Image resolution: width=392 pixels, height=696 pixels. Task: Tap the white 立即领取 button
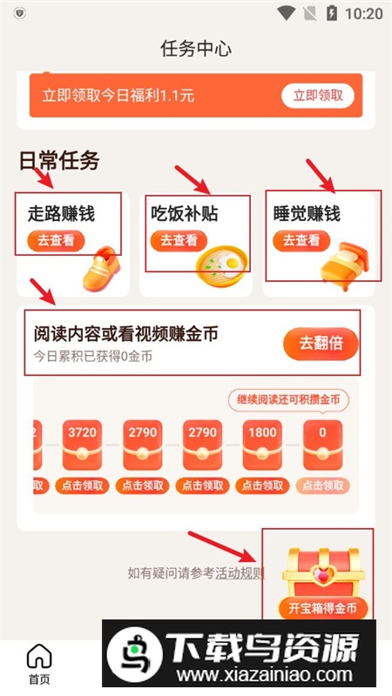(x=318, y=96)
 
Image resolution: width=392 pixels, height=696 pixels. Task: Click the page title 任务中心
(x=196, y=49)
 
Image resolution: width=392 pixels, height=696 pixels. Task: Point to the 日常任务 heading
(x=59, y=160)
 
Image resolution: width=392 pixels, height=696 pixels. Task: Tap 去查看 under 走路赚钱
(x=56, y=241)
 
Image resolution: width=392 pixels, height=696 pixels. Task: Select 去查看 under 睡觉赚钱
(x=301, y=241)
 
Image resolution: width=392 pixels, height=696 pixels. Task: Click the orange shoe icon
(x=102, y=268)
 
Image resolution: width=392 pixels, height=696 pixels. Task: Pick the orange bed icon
(x=344, y=266)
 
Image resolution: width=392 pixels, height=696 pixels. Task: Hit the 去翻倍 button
(x=321, y=343)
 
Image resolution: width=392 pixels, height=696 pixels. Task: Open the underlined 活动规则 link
(x=240, y=573)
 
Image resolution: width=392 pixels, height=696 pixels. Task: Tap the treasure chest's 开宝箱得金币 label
(x=323, y=607)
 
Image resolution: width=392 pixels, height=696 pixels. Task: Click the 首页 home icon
(x=39, y=656)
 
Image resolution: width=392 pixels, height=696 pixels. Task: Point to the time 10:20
(x=364, y=14)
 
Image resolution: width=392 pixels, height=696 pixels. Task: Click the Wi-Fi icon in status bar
(x=287, y=13)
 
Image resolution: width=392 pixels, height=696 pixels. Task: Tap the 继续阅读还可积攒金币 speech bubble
(x=288, y=400)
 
